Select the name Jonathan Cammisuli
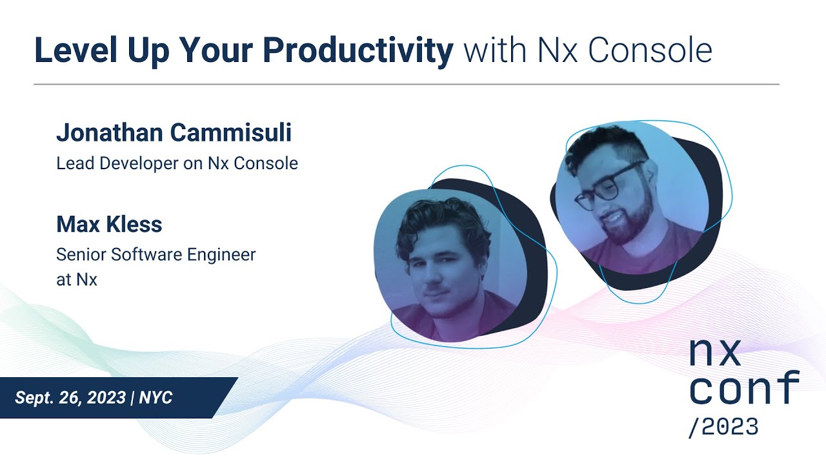(x=174, y=132)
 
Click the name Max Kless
(x=109, y=225)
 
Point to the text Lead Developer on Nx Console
(x=177, y=163)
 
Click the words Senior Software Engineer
(x=156, y=254)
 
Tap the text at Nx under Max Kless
(x=77, y=280)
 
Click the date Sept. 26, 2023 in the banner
(x=70, y=397)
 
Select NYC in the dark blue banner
(x=156, y=397)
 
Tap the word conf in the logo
(x=744, y=388)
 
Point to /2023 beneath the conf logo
(x=723, y=427)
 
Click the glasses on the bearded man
(x=609, y=186)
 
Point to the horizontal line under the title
(x=407, y=85)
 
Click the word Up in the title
(x=141, y=51)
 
